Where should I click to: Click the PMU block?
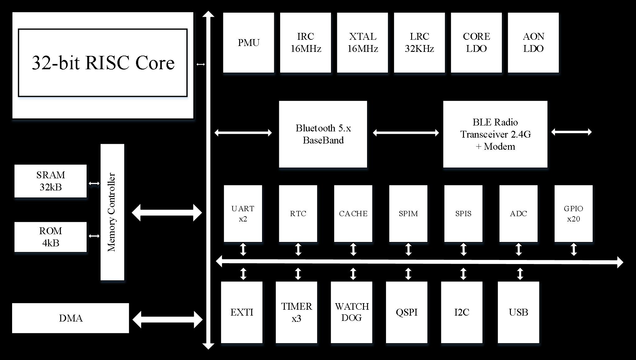pos(248,43)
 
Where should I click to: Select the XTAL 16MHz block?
pos(362,43)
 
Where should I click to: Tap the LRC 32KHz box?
pos(419,43)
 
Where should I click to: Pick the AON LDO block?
pos(533,43)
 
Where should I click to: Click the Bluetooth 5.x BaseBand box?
pos(323,134)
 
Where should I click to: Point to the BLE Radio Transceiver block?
pos(495,134)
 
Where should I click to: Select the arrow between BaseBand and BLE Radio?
pos(406,133)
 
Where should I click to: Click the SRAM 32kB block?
pos(51,181)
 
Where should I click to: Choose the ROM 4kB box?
pos(51,237)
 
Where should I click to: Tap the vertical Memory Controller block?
pos(112,212)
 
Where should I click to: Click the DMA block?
pos(70,318)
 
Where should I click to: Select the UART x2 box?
pos(243,213)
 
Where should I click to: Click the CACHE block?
pos(353,213)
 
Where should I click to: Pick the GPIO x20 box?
pos(573,213)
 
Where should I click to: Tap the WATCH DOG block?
pos(352,312)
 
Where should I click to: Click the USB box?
pos(518,312)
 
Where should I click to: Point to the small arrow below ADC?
pos(519,249)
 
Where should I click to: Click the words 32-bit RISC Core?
pos(103,63)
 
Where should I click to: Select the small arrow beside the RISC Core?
pos(201,64)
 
